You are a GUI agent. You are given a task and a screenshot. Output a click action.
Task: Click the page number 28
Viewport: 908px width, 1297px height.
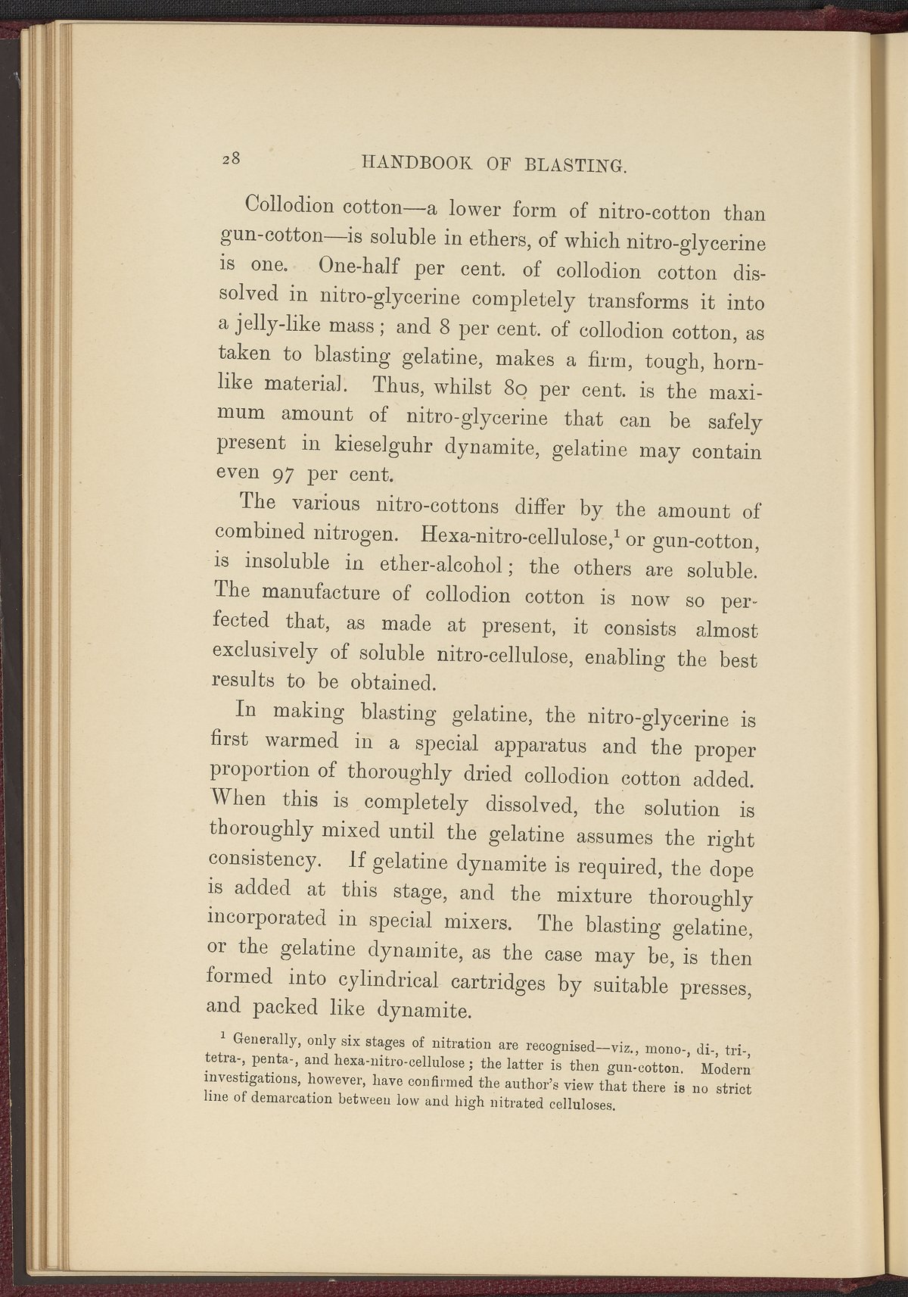(x=232, y=158)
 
